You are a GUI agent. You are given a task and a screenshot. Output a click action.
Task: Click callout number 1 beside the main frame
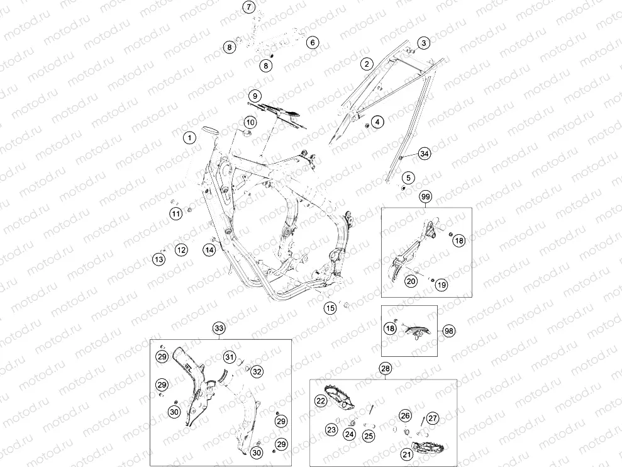tap(189, 138)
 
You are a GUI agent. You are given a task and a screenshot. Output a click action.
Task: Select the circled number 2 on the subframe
tap(367, 64)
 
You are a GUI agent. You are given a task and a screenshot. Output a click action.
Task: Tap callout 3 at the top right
tap(424, 43)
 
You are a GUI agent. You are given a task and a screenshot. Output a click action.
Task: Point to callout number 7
tap(248, 7)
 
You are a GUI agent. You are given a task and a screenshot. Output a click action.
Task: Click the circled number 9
tap(255, 96)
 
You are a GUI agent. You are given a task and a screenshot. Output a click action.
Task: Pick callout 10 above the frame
tap(250, 122)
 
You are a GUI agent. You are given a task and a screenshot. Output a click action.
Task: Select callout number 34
tap(425, 154)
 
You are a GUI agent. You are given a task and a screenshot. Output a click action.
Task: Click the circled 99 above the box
tap(426, 196)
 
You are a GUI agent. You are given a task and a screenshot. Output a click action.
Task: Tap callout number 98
tap(448, 331)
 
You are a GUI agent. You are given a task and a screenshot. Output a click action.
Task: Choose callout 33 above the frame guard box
tap(219, 328)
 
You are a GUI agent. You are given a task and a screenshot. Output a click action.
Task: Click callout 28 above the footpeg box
tap(385, 369)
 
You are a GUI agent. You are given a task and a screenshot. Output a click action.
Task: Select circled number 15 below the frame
tap(330, 308)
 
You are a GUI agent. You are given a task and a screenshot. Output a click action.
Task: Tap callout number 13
tap(158, 259)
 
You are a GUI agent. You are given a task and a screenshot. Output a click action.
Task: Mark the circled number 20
tap(411, 281)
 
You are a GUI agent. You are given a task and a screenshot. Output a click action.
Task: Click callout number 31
tap(230, 357)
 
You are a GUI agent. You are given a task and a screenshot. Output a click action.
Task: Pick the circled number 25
tap(369, 436)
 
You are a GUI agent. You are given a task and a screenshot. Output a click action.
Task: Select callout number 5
tap(408, 177)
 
